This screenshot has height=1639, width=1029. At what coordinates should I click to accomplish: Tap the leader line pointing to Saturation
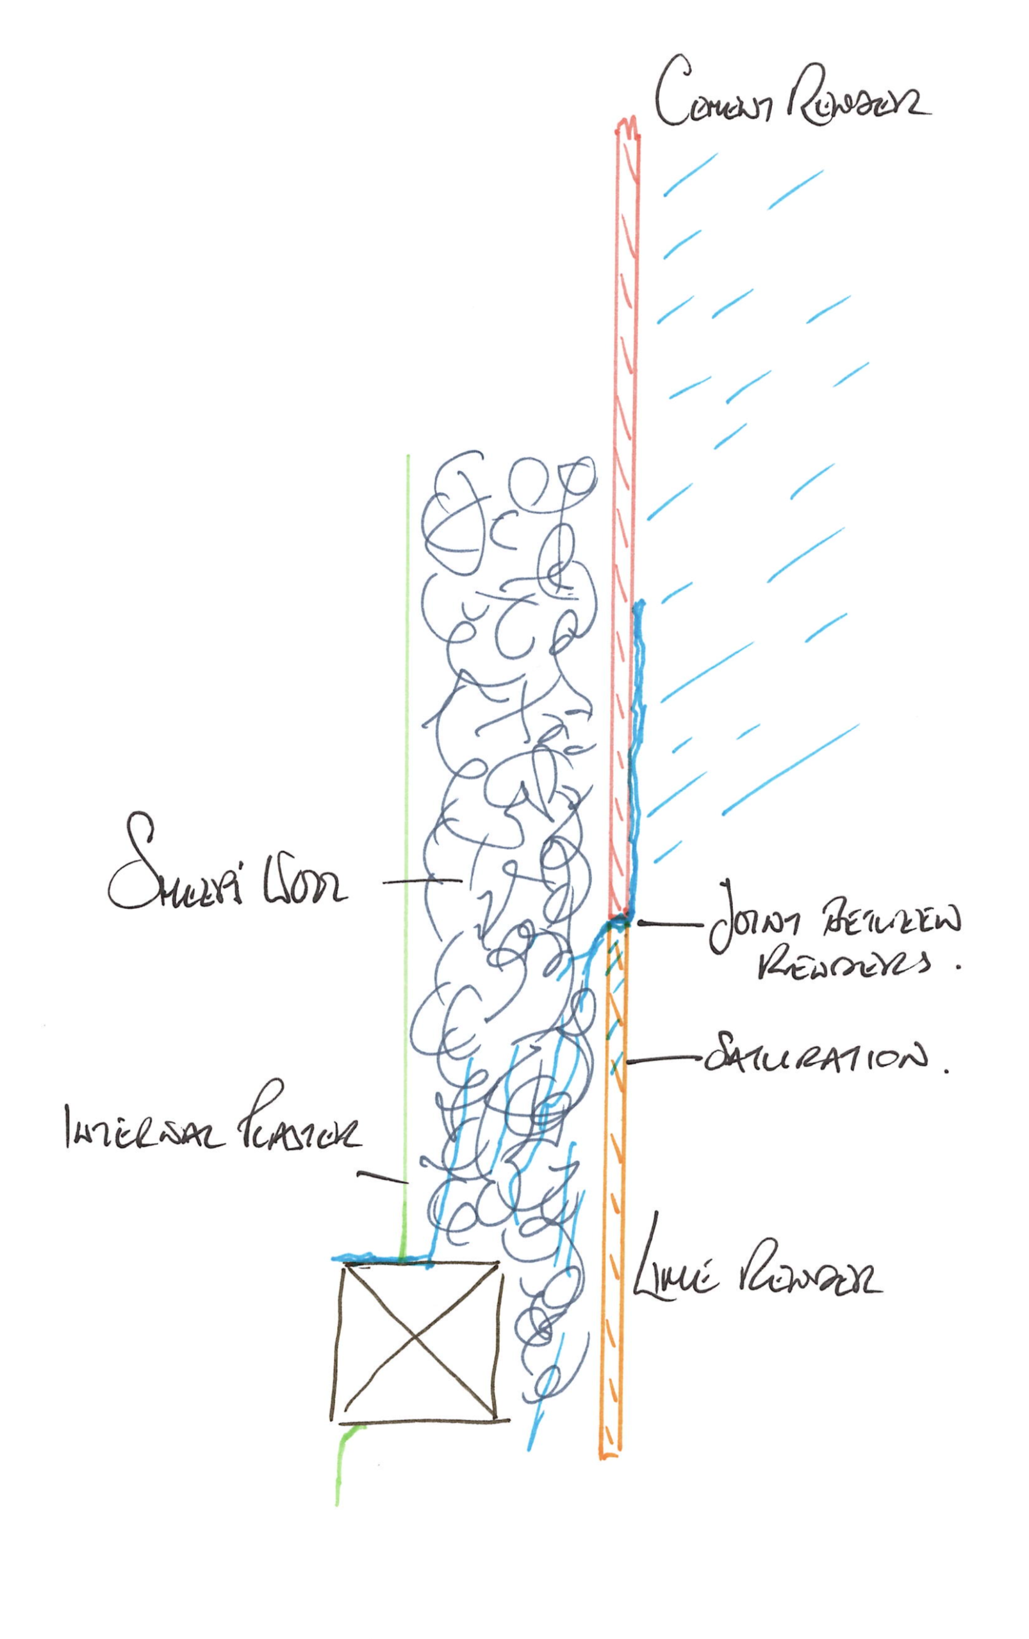pyautogui.click(x=663, y=1059)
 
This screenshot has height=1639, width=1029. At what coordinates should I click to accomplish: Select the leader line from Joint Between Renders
pyautogui.click(x=670, y=924)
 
